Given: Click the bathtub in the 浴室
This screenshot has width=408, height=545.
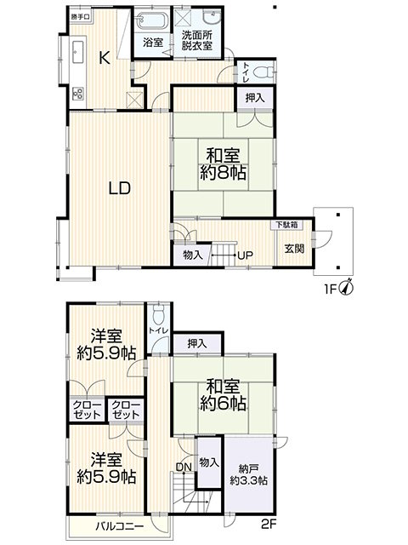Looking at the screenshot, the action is click(152, 20).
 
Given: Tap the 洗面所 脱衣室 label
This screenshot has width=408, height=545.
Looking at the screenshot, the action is click(196, 41).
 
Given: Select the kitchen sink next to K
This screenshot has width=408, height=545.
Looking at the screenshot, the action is click(77, 52).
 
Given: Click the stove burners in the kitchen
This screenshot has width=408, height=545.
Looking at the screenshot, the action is click(77, 93).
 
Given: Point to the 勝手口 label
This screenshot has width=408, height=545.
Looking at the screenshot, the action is click(81, 17).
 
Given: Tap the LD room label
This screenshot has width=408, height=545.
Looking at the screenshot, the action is click(120, 188).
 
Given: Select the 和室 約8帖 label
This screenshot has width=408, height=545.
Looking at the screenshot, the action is click(223, 163).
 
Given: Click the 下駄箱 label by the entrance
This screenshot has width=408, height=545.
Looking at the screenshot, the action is click(286, 225).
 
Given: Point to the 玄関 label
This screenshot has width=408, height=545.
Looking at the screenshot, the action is click(295, 249).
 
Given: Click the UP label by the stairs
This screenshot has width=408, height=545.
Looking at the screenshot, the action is click(246, 255).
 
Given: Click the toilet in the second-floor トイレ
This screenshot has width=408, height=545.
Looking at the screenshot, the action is click(158, 315).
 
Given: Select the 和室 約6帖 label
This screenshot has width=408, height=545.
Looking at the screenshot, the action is click(223, 395).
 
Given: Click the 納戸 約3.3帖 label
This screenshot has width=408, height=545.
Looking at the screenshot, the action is click(249, 475).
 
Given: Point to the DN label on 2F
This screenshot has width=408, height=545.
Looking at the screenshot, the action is click(184, 468).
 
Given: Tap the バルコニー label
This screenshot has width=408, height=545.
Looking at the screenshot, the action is click(120, 526).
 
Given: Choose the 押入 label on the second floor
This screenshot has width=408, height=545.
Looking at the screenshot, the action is click(196, 344).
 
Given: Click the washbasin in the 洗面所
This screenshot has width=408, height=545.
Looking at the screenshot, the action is click(212, 17).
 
